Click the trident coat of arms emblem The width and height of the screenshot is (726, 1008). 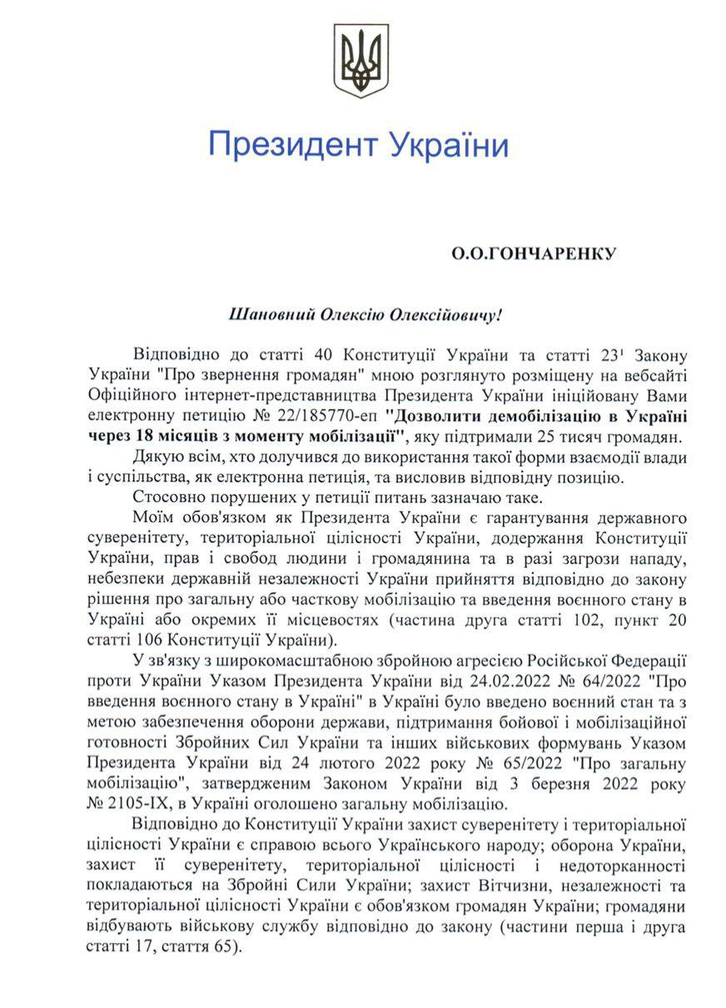click(361, 60)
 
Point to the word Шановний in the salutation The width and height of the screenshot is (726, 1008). click(265, 315)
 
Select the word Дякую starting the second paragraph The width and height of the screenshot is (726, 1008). click(155, 457)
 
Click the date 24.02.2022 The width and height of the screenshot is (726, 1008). click(473, 681)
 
